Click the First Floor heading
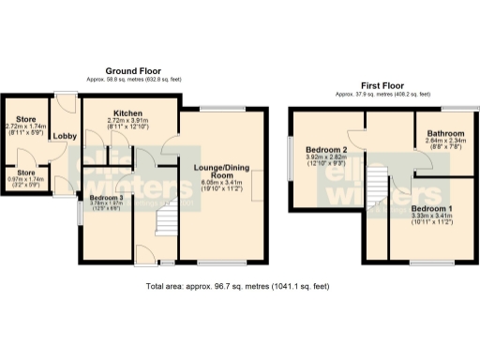coord(382,85)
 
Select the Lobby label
coord(65,137)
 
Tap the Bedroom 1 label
coord(431,208)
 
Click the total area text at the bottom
coord(239,285)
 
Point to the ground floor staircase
coord(164,220)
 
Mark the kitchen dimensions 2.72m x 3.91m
coord(127,124)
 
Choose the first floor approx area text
coord(382,94)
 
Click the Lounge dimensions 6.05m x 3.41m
coord(219,186)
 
